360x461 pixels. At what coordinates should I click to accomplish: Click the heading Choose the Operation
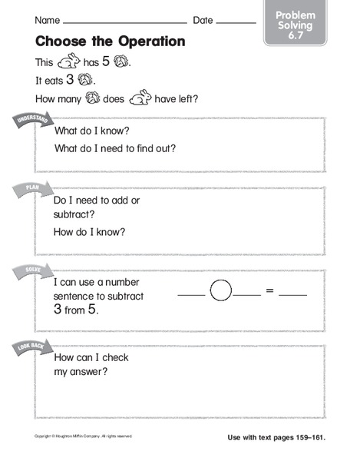[x=109, y=41]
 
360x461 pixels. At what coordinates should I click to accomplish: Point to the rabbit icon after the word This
[x=71, y=61]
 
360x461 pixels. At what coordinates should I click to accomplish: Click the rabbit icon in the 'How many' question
[x=140, y=98]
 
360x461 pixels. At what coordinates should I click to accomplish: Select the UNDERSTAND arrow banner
[x=29, y=124]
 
